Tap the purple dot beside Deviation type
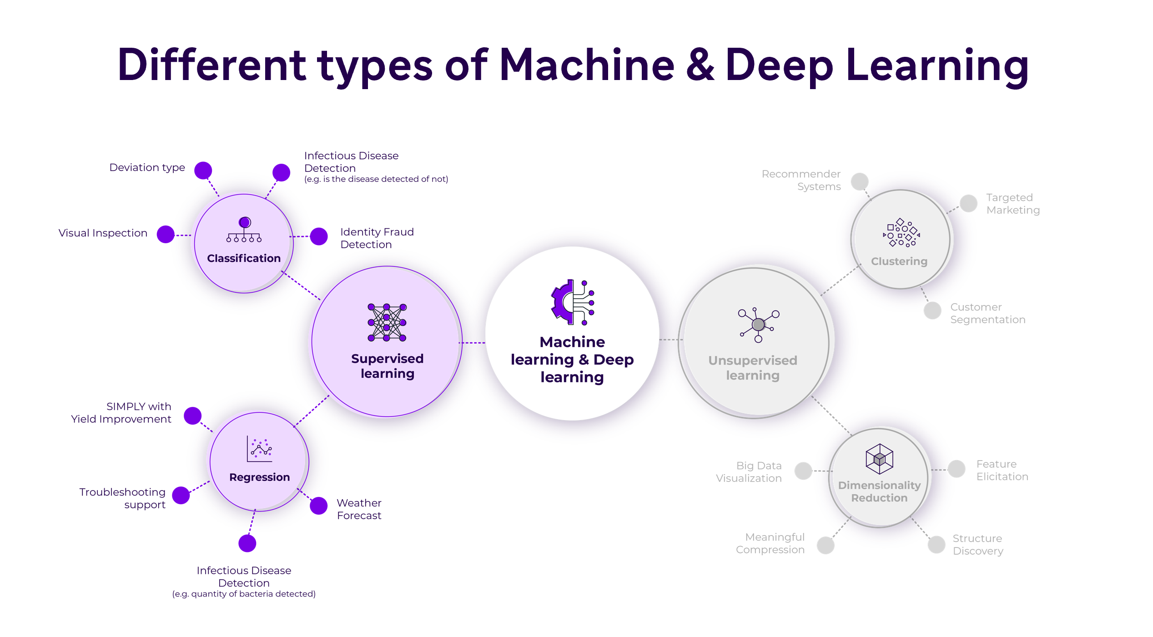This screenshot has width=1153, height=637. tap(203, 171)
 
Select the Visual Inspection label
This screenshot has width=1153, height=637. tap(103, 233)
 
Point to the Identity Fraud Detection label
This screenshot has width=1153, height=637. tap(377, 238)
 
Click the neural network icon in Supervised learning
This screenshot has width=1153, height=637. tap(387, 322)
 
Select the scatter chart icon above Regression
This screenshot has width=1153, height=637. tap(260, 449)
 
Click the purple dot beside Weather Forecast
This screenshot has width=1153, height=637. tap(319, 506)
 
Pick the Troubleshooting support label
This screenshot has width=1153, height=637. tap(122, 498)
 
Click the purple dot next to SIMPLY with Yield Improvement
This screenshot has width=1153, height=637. tap(193, 416)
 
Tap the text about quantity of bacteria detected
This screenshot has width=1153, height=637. tap(244, 594)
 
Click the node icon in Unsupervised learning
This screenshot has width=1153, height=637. tap(758, 325)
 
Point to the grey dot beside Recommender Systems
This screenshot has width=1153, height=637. tap(860, 181)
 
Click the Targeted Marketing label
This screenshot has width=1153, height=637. tap(1012, 204)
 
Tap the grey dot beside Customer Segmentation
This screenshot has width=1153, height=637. tap(932, 311)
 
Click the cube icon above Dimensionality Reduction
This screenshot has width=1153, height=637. tap(880, 459)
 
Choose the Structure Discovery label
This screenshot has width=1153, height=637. tap(978, 545)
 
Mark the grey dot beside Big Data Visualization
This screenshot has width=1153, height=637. tap(803, 471)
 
